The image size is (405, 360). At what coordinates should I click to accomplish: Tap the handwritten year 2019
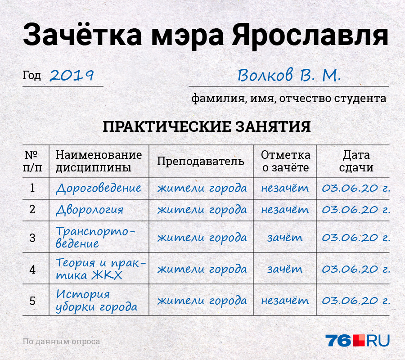[72, 76]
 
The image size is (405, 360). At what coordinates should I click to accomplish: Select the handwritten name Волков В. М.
[289, 75]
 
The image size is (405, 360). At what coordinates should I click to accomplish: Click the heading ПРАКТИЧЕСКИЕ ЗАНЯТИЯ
[207, 126]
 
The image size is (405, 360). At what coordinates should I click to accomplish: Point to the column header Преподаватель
[201, 162]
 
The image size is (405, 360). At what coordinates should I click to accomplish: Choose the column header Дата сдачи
[356, 161]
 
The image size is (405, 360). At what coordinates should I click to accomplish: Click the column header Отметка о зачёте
[285, 161]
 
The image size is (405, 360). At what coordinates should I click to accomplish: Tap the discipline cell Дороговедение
[99, 188]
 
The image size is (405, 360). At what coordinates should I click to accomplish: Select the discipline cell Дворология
[90, 210]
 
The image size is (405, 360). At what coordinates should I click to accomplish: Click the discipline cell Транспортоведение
[95, 237]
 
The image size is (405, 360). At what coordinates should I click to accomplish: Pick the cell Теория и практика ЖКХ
[101, 269]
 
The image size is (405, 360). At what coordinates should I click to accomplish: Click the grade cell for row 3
[285, 238]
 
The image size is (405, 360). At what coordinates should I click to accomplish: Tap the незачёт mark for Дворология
[285, 210]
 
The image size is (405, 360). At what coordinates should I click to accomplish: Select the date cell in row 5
[356, 301]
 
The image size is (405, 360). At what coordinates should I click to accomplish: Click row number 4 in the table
[32, 270]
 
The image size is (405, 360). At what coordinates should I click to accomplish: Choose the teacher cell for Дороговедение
[202, 188]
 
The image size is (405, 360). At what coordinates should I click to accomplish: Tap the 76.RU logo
[357, 341]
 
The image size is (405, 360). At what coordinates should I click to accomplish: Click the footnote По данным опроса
[61, 342]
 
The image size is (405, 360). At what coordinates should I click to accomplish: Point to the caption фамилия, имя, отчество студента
[289, 99]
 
